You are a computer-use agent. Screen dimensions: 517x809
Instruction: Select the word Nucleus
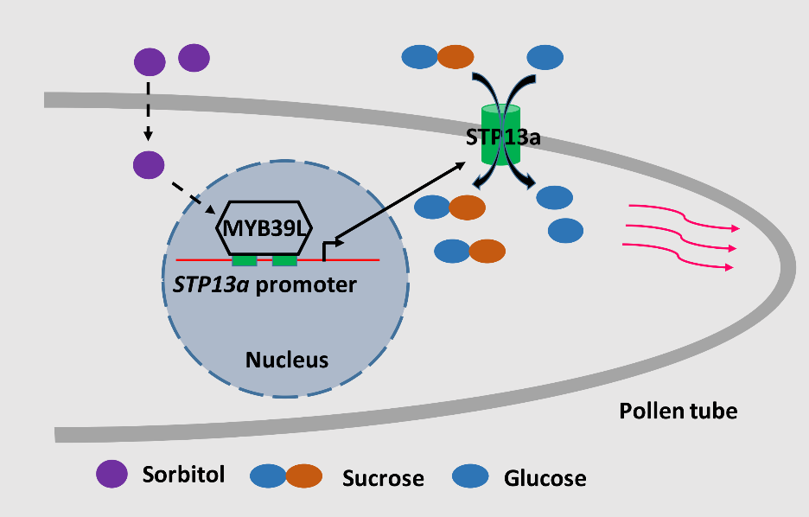[x=287, y=359]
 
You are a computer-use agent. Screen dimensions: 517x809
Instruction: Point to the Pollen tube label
[x=678, y=411]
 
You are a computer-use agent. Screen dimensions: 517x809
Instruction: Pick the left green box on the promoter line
[x=245, y=260]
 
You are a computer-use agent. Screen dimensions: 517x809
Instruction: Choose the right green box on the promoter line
[x=284, y=260]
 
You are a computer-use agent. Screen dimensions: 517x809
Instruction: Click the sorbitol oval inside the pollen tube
[x=149, y=163]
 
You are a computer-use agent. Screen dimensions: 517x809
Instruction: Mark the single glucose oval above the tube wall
[x=545, y=57]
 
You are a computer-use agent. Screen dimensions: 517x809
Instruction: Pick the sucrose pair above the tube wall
[x=437, y=57]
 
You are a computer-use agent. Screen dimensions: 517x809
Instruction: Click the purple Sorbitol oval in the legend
[x=112, y=474]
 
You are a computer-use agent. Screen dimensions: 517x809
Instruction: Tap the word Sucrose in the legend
[x=383, y=478]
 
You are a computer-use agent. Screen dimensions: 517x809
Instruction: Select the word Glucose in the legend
[x=545, y=477]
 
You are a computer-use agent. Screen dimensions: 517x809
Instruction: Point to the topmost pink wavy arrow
[x=683, y=216]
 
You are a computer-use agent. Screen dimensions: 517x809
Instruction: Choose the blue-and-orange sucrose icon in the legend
[x=285, y=476]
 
